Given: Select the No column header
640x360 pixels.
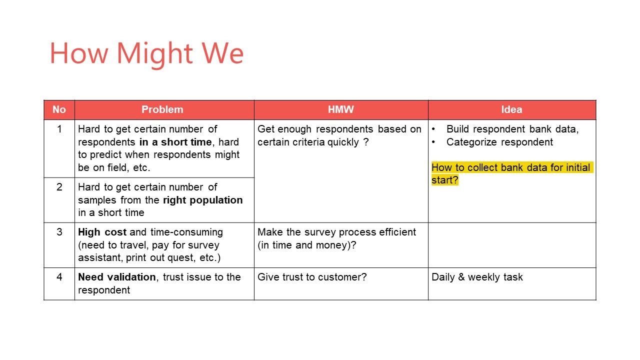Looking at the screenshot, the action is (x=59, y=109).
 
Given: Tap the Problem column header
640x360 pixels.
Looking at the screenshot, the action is (x=162, y=109).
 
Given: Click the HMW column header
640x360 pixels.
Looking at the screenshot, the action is (x=341, y=109).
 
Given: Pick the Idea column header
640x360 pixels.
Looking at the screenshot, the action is (x=511, y=109).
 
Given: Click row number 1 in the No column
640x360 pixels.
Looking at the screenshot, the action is (x=59, y=129).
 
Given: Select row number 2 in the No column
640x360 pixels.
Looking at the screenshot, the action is (x=59, y=187).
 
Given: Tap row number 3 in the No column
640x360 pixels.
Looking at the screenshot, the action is (x=59, y=232).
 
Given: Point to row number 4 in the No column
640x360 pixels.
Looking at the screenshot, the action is (x=59, y=277).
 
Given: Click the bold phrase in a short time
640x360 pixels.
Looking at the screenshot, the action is (x=175, y=142).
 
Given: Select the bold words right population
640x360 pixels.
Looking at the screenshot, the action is (x=203, y=200).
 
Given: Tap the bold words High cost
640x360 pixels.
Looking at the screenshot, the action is (x=102, y=232).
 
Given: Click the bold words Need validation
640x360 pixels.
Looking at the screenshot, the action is (x=117, y=277).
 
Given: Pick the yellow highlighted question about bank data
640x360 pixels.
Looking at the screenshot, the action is (x=512, y=173).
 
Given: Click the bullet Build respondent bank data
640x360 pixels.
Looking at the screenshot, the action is (x=512, y=129).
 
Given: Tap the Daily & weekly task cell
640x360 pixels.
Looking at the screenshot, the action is (x=477, y=277).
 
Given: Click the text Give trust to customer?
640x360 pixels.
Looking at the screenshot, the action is (x=312, y=277).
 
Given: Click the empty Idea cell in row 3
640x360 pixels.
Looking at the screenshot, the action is (x=512, y=245).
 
